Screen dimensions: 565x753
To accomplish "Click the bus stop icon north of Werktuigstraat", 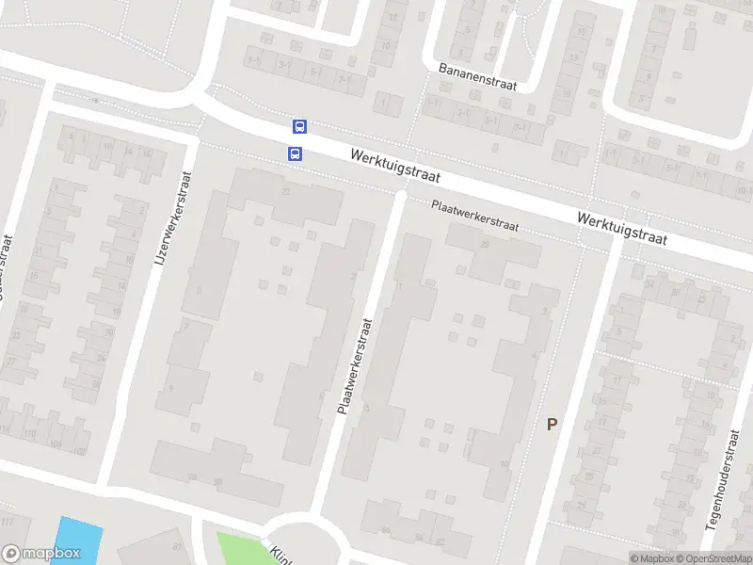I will (x=299, y=126).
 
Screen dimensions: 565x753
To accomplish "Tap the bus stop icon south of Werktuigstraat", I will (x=295, y=153).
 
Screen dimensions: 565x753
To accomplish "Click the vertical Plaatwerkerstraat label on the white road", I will (x=355, y=366).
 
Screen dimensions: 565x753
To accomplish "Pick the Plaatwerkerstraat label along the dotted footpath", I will (x=474, y=217).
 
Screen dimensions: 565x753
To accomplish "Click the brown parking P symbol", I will (x=552, y=424).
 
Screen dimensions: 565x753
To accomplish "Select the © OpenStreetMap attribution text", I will (x=713, y=558).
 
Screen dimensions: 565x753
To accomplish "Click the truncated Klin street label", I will (x=280, y=554).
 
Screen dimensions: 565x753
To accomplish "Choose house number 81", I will (x=176, y=545).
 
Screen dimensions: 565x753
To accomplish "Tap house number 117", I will (x=9, y=522).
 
